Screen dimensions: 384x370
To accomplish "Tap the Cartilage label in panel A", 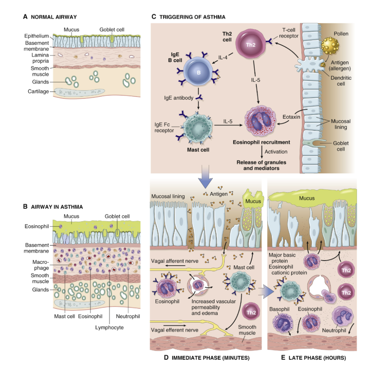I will (38, 91).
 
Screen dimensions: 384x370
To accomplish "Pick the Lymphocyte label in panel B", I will (111, 327).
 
